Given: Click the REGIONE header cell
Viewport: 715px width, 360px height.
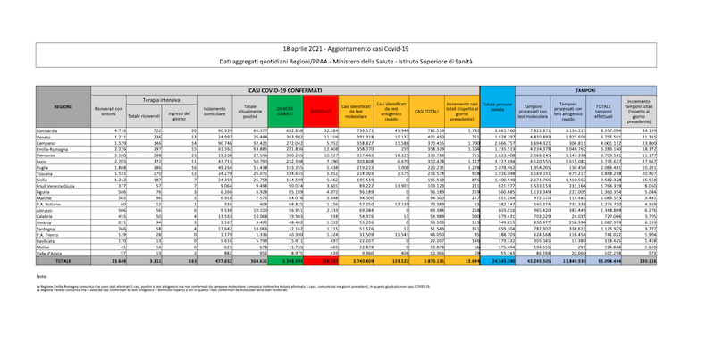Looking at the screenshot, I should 63,106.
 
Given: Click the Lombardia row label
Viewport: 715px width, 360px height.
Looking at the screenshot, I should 47,130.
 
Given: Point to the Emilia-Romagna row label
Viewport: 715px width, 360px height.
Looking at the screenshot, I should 52,149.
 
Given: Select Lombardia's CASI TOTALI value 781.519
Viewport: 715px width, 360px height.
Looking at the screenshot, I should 433,130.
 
